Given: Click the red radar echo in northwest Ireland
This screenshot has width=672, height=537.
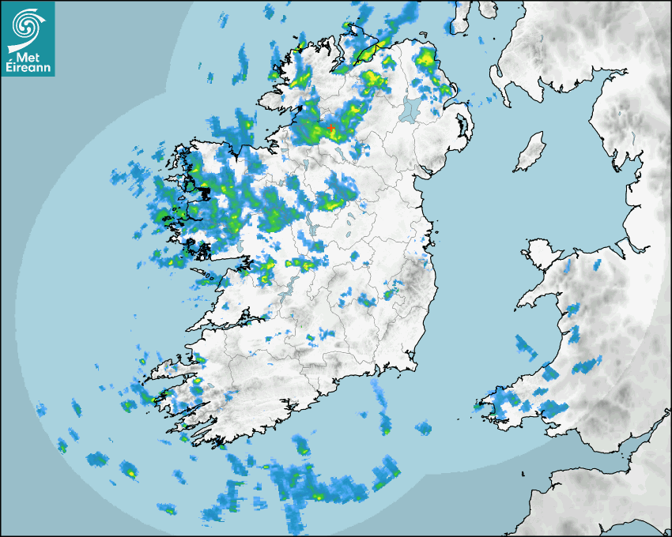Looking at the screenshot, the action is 331,129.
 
